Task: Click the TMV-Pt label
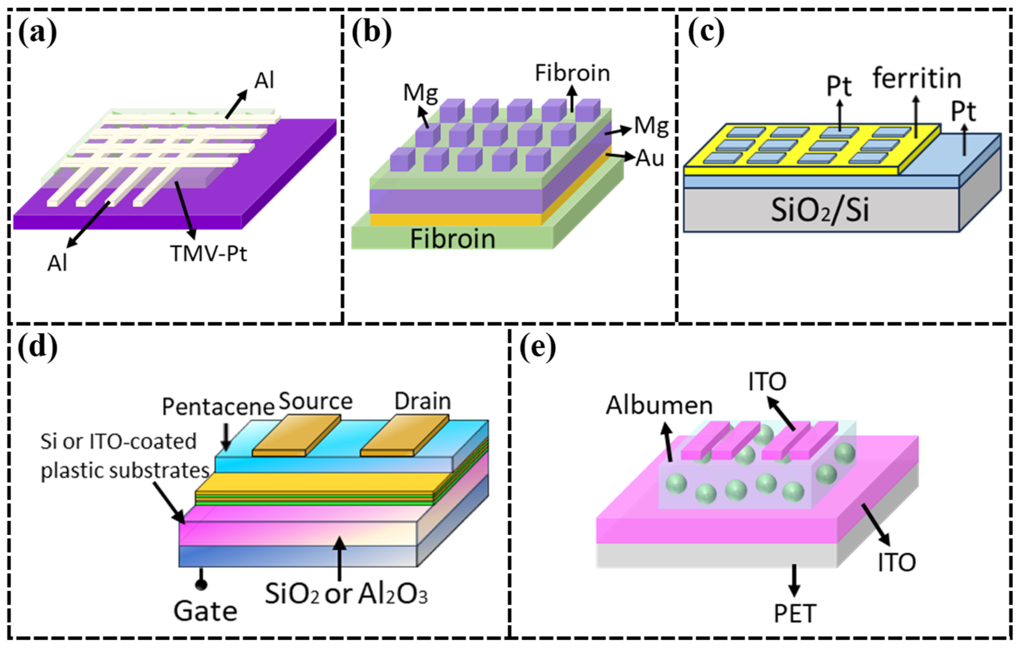coord(208,254)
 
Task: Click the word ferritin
coord(917,79)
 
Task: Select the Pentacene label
coord(218,407)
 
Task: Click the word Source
coord(316,401)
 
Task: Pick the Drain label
coord(423,401)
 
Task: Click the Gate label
coord(206,611)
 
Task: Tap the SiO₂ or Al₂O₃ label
coord(346,594)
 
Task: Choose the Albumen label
coord(659,405)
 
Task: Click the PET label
coord(795,614)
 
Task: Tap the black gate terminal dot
coord(201,585)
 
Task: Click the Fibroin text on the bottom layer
coord(452,239)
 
